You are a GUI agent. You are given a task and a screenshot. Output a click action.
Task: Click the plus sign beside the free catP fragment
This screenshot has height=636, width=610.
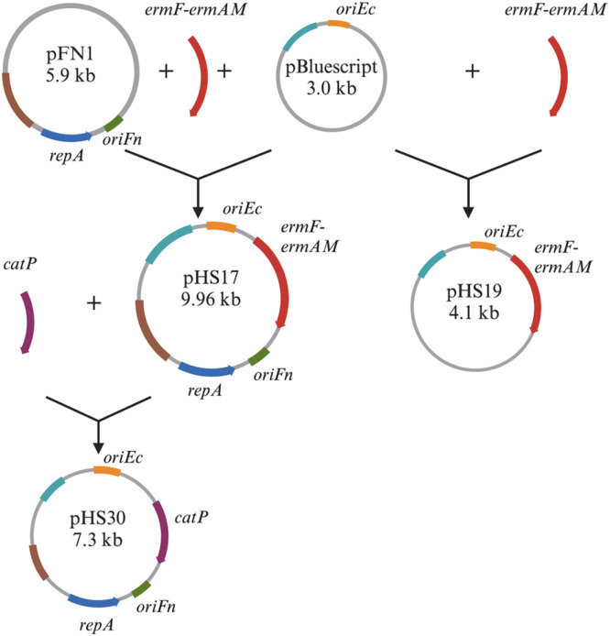pos(93,302)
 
